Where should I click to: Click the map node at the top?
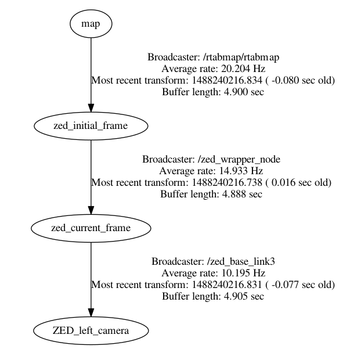click(91, 24)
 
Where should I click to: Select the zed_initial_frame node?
click(91, 125)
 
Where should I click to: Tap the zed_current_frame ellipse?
click(91, 228)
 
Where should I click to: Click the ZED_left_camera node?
click(91, 331)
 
